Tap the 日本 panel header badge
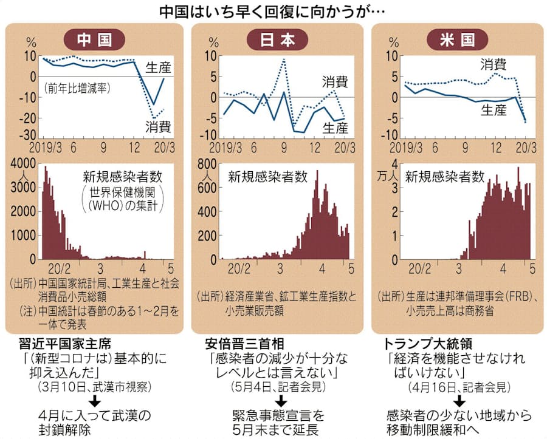tap(279, 39)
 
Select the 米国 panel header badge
tap(458, 39)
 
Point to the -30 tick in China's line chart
tap(28, 135)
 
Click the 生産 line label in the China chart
tap(158, 67)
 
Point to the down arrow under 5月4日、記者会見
tap(281, 401)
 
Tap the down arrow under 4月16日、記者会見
tap(459, 401)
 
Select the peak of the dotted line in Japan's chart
tap(284, 59)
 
